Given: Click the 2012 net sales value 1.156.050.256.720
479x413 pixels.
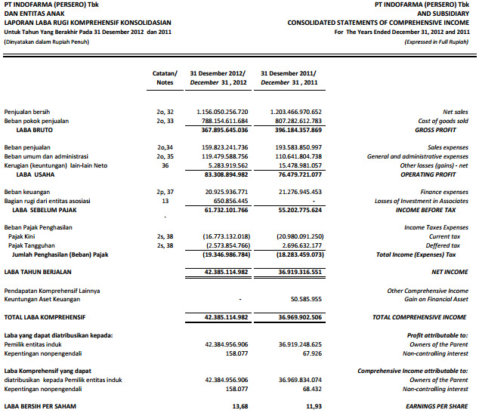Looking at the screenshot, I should click(x=221, y=112).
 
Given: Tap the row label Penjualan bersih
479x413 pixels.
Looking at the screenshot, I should click(x=29, y=112).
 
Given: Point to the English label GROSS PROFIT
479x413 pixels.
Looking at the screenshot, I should click(x=445, y=130).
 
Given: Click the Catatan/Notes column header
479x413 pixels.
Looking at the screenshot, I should click(x=165, y=77).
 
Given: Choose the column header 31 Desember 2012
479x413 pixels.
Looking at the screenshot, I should click(x=219, y=72).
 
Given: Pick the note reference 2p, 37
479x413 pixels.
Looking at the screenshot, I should click(x=165, y=192).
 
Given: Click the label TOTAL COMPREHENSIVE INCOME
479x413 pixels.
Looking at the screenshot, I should click(x=419, y=317).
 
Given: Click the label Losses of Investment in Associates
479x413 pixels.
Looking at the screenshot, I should click(x=421, y=201).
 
